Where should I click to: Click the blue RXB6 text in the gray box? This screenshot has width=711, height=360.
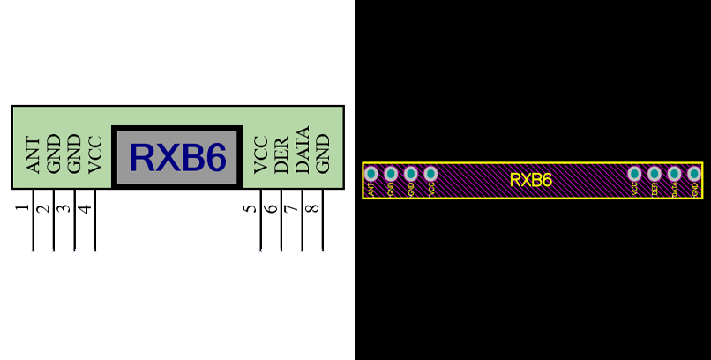tap(177, 158)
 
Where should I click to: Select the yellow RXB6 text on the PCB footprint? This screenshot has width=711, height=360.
tap(531, 180)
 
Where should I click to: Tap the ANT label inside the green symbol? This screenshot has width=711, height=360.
tap(34, 154)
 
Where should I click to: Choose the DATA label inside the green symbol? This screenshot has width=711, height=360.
tap(303, 151)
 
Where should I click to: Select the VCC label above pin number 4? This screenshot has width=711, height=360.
tap(95, 155)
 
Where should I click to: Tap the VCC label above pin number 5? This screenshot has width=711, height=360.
tap(260, 154)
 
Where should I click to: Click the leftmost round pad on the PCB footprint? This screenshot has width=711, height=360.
tap(371, 174)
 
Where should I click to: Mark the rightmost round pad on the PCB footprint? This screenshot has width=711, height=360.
tap(694, 174)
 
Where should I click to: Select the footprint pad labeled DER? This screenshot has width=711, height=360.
tap(655, 174)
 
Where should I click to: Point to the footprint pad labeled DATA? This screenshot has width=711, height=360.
tap(674, 174)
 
